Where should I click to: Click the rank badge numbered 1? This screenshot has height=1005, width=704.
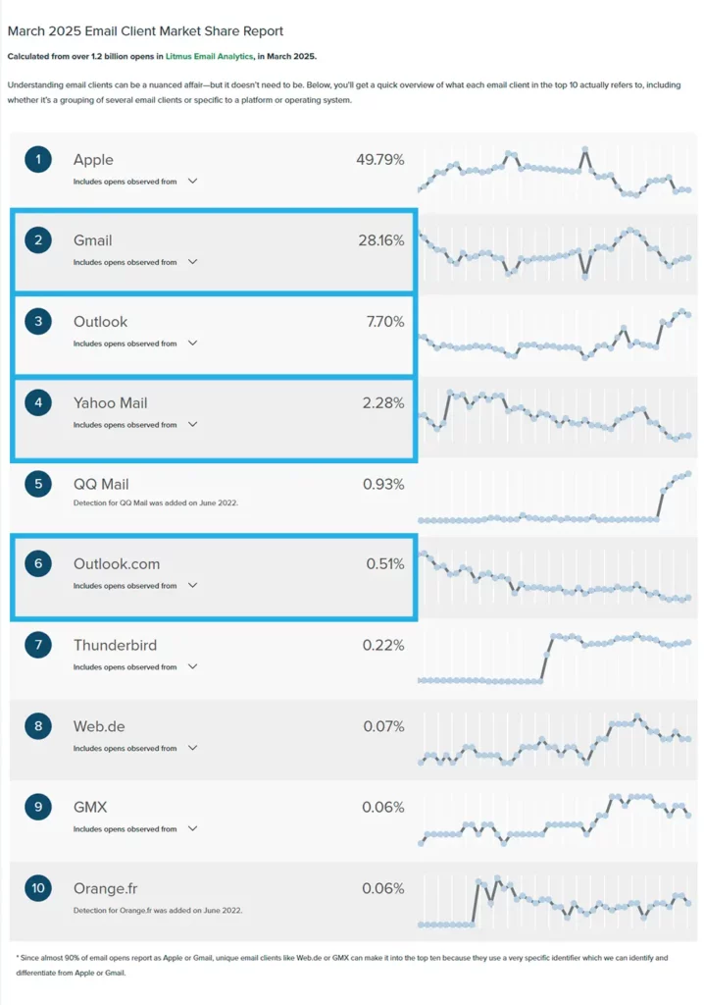coord(37,159)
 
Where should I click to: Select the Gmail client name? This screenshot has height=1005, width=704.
coord(93,240)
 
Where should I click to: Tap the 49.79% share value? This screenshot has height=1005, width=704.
coord(379,159)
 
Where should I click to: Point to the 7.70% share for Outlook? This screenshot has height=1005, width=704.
coord(383,321)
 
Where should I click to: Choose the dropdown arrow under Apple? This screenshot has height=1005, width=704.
coord(192,181)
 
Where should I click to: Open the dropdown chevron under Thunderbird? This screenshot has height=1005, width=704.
coord(192,666)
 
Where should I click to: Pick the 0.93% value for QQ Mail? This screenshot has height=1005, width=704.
coord(383,484)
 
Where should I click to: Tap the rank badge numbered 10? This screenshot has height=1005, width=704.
coord(37,888)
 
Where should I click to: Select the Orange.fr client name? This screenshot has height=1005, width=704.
coord(105,888)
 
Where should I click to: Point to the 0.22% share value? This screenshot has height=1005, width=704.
coord(383,645)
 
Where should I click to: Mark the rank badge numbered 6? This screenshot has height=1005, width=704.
coord(37,563)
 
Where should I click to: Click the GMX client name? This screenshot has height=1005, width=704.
coord(90,807)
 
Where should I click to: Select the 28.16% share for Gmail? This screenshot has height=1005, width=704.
coord(379,240)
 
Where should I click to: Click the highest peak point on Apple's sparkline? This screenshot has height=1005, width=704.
coord(585,150)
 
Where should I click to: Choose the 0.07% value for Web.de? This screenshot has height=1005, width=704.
coord(383,726)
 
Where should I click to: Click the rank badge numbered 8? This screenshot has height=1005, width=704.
coord(37,726)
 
